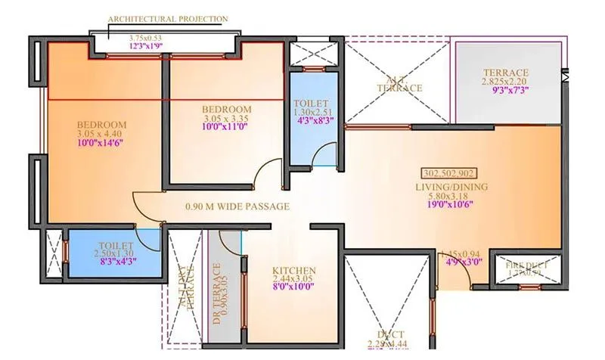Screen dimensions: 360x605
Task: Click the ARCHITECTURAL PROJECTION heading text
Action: (167, 19)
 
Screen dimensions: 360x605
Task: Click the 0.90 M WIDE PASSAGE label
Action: (238, 206)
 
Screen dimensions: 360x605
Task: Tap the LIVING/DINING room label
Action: (451, 187)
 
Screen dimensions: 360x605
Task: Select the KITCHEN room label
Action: (294, 271)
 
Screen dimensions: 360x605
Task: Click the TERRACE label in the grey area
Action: (507, 73)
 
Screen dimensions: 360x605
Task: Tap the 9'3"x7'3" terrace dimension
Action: (507, 89)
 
